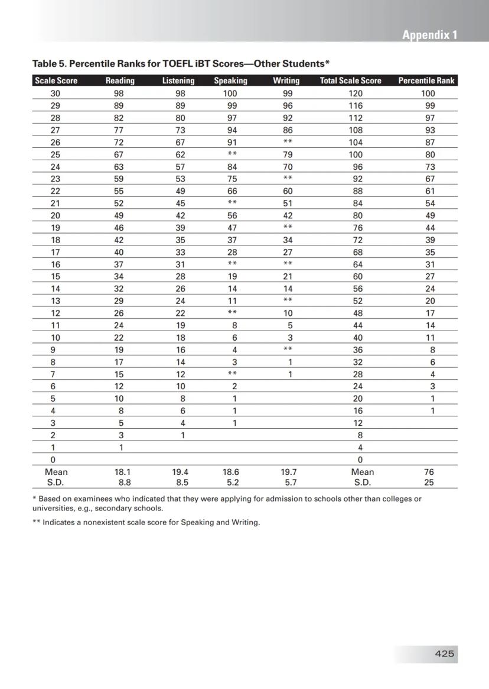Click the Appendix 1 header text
429,35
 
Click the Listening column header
178,80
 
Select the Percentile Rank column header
426,80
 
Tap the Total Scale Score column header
350,80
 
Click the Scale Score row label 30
56,93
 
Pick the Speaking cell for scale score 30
230,93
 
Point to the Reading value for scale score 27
119,130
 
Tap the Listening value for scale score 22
180,191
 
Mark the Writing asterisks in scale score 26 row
288,143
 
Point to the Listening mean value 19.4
180,472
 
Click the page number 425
444,654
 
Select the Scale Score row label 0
53,460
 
